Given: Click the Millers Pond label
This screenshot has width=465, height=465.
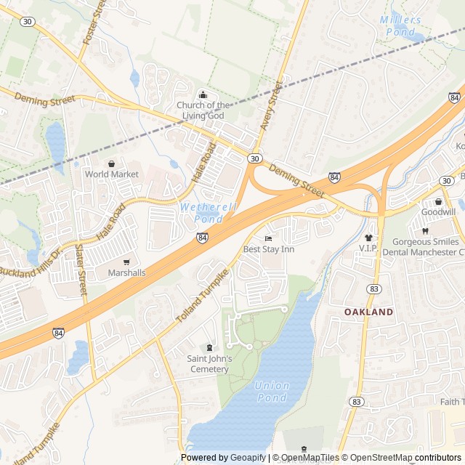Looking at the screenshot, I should coord(399,25).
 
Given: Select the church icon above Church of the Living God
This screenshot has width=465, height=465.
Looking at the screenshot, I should coord(203,94).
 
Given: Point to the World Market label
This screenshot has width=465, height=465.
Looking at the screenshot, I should coord(111,174).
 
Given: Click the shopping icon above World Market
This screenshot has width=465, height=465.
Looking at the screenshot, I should coord(111,163).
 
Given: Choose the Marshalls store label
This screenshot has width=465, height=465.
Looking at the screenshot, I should coord(126,272).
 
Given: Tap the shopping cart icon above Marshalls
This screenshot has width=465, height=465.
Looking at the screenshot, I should coord(126,262).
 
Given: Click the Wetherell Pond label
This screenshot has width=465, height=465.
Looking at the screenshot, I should coord(201,213).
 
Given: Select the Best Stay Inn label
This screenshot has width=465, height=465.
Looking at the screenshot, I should coord(268,249).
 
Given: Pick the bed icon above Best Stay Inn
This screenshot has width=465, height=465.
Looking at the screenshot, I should coord(268,238).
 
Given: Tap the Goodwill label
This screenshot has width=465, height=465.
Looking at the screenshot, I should coord(438,211).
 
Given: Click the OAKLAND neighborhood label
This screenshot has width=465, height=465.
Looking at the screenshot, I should coord(368,312).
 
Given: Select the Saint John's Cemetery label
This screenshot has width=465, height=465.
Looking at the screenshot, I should coord(209,363).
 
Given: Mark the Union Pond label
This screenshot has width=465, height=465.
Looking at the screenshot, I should coord(272,391).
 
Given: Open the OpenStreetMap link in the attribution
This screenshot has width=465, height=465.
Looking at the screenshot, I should coord(378,458).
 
